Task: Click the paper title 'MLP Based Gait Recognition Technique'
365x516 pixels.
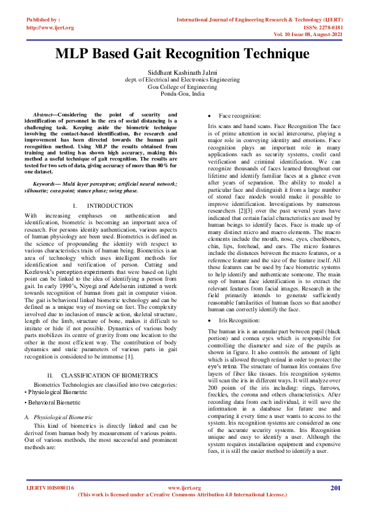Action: pyautogui.click(x=182, y=54)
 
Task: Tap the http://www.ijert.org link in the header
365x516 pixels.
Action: pyautogui.click(x=50, y=28)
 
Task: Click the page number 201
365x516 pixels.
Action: pyautogui.click(x=336, y=488)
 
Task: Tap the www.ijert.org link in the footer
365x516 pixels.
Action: pyautogui.click(x=184, y=488)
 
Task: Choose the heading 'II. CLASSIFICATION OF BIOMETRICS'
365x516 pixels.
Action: pyautogui.click(x=102, y=374)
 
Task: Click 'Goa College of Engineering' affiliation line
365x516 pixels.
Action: pyautogui.click(x=182, y=87)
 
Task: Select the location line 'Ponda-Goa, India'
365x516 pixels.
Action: pyautogui.click(x=182, y=94)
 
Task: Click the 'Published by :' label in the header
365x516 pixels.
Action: pyautogui.click(x=43, y=20)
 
